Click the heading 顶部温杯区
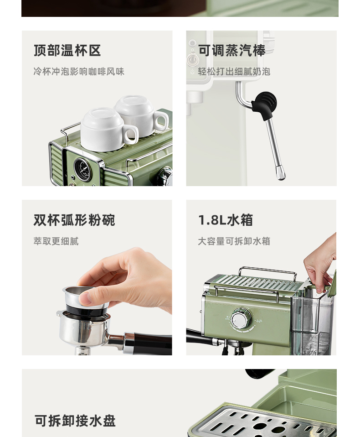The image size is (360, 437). click(x=67, y=51)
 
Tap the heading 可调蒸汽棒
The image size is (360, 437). click(x=231, y=51)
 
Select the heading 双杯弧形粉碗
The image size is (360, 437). click(x=74, y=220)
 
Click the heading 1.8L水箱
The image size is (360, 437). click(x=226, y=220)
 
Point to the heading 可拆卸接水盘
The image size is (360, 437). click(x=75, y=421)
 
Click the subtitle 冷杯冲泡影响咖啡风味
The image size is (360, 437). click(x=79, y=72)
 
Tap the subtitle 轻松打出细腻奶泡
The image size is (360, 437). click(x=234, y=72)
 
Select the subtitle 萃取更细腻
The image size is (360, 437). click(x=56, y=241)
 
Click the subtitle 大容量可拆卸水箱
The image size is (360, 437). click(x=234, y=241)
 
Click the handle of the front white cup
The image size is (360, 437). click(x=131, y=135)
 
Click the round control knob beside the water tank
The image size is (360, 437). click(x=242, y=318)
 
